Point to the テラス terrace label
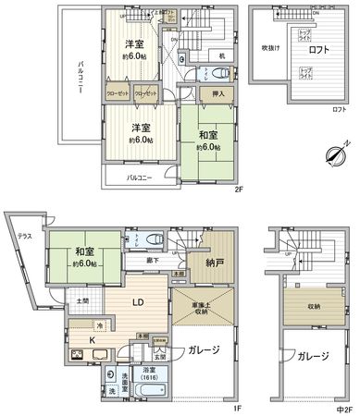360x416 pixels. (25, 237)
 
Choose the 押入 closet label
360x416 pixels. (210, 93)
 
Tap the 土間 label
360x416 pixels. (82, 301)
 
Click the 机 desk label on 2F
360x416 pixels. (221, 55)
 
